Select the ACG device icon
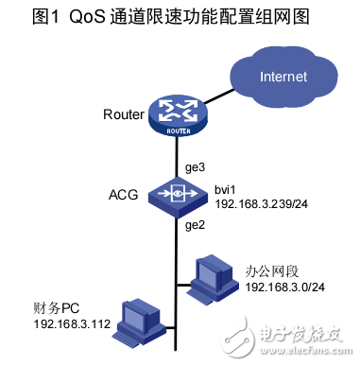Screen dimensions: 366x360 (x=177, y=197)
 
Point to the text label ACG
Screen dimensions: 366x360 (x=124, y=196)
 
